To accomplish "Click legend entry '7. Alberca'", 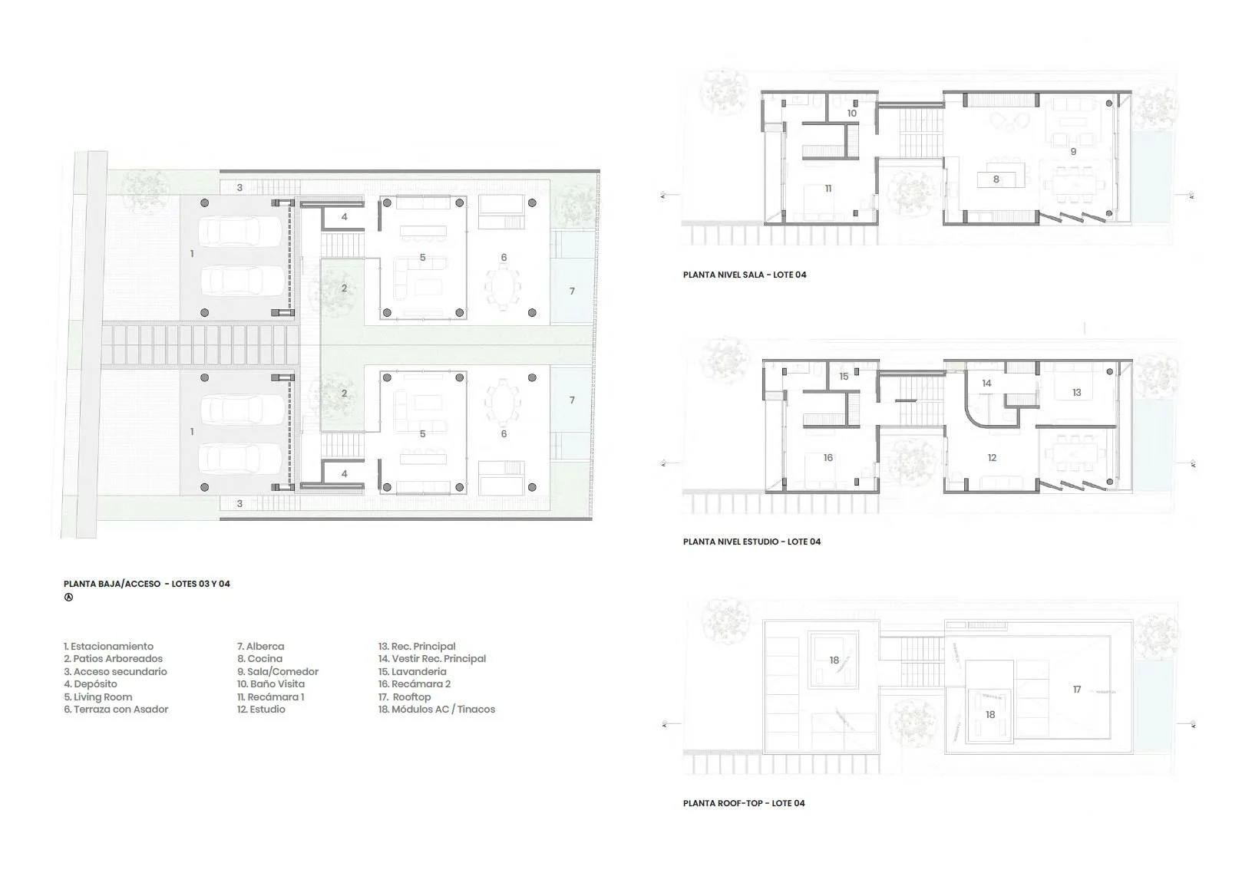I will point(260,647).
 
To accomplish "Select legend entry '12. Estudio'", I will point(261,710).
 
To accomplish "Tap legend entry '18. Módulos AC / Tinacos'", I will point(436,710).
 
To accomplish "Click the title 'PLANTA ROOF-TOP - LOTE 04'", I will point(743,803).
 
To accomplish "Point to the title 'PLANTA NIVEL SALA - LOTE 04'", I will point(744,275).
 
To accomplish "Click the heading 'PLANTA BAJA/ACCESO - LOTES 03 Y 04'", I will point(147,584).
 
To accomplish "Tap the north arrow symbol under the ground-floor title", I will point(68,598).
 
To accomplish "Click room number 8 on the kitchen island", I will point(996,179).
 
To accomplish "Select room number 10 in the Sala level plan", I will point(851,114).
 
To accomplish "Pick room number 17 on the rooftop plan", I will point(1076,690).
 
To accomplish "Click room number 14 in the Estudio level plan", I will point(986,383).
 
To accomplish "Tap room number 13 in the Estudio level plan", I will point(1076,392).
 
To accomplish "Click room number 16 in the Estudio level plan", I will point(827,458).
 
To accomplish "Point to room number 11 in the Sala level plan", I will point(827,189).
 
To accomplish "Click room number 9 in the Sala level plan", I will point(1072,152).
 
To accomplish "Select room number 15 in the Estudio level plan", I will point(844,377).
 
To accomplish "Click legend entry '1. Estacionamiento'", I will point(108,647).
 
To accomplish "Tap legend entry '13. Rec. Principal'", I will point(417,647).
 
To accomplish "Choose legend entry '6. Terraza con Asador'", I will point(116,710).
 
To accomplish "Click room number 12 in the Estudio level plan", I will point(991,458).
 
